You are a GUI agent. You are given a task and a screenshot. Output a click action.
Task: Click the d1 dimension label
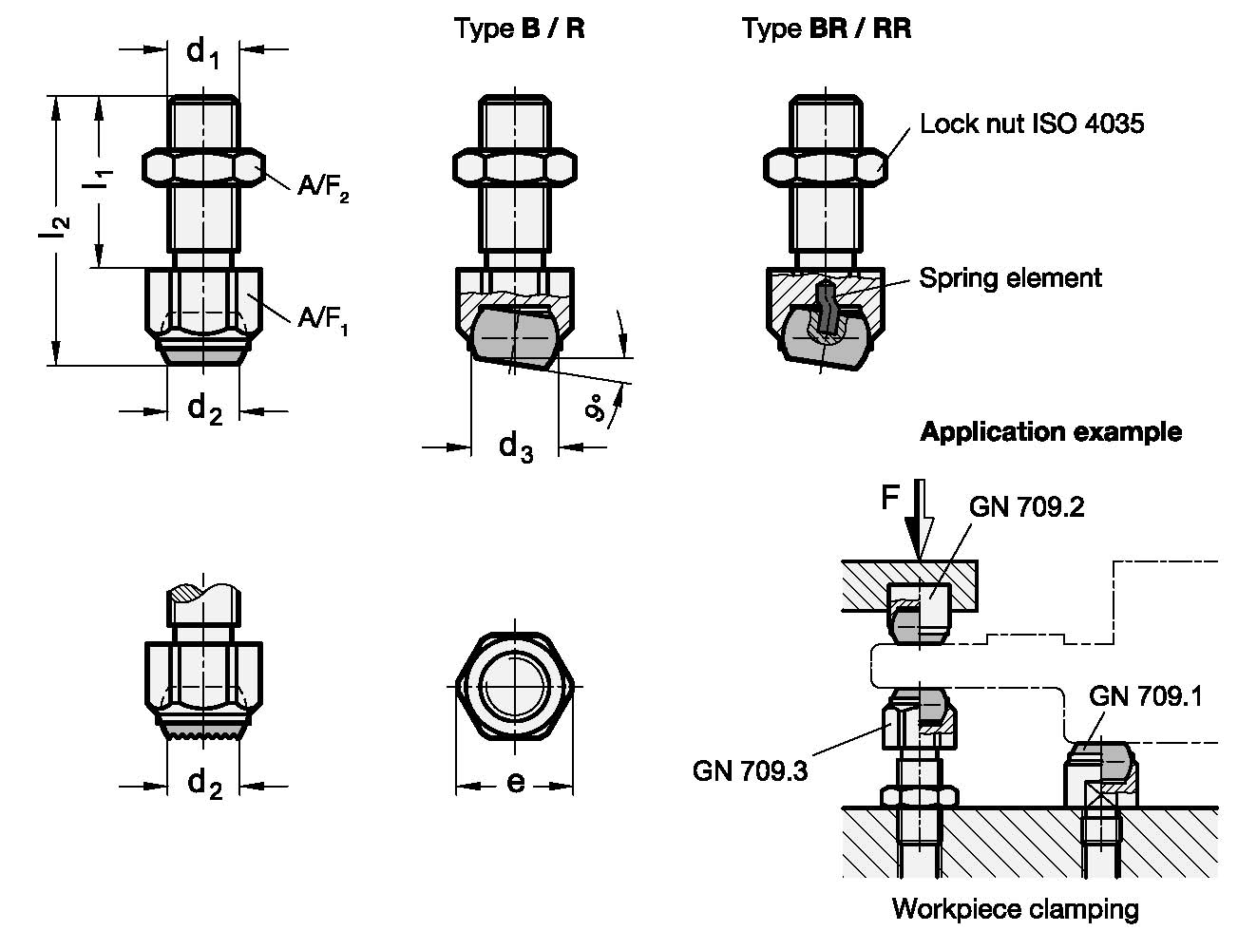(x=202, y=54)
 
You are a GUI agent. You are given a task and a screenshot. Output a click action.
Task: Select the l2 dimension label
(x=54, y=227)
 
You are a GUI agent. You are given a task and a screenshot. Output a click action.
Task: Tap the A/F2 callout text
(x=323, y=188)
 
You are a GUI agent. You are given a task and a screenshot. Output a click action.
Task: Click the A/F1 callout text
(x=323, y=320)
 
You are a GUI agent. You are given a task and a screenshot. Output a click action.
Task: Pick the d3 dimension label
(x=516, y=447)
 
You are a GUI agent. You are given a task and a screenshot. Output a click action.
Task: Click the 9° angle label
(x=597, y=408)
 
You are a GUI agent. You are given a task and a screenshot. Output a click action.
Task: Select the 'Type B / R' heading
(x=519, y=28)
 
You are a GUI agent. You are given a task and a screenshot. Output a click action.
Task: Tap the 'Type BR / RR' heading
(x=827, y=28)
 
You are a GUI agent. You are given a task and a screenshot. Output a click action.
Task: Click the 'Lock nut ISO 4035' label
(x=1032, y=123)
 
